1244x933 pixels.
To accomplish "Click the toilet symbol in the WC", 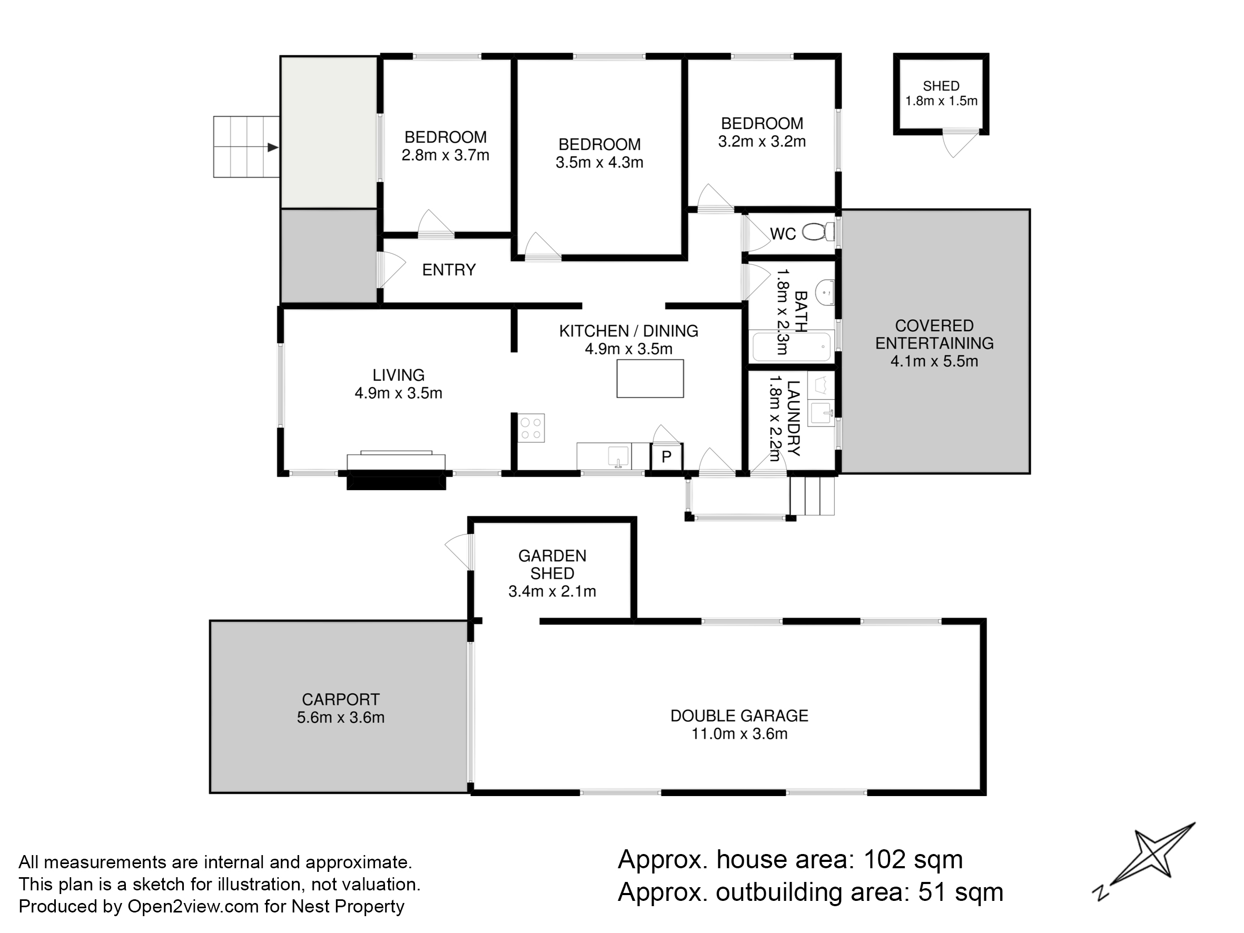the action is pyautogui.click(x=818, y=231).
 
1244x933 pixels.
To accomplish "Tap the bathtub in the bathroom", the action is pyautogui.click(x=792, y=347).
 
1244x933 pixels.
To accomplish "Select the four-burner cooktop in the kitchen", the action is pyautogui.click(x=531, y=428).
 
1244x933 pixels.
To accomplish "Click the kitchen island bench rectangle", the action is pyautogui.click(x=650, y=379).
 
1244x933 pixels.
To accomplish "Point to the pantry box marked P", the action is pyautogui.click(x=666, y=456).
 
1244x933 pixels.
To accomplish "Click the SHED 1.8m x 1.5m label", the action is pyautogui.click(x=941, y=93).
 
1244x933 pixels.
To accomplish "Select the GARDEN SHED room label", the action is pyautogui.click(x=552, y=564).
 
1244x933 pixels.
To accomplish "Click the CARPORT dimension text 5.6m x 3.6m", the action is pyautogui.click(x=341, y=718).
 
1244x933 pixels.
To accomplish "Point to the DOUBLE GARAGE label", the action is pyautogui.click(x=739, y=716).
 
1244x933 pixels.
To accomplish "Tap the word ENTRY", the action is pyautogui.click(x=449, y=270).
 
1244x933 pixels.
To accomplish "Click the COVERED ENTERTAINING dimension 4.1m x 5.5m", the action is pyautogui.click(x=934, y=361).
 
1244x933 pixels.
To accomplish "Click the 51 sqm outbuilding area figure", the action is pyautogui.click(x=961, y=892).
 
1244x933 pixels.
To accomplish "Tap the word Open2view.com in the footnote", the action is pyautogui.click(x=193, y=907).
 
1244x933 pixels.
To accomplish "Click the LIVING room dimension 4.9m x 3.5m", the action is pyautogui.click(x=398, y=393).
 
